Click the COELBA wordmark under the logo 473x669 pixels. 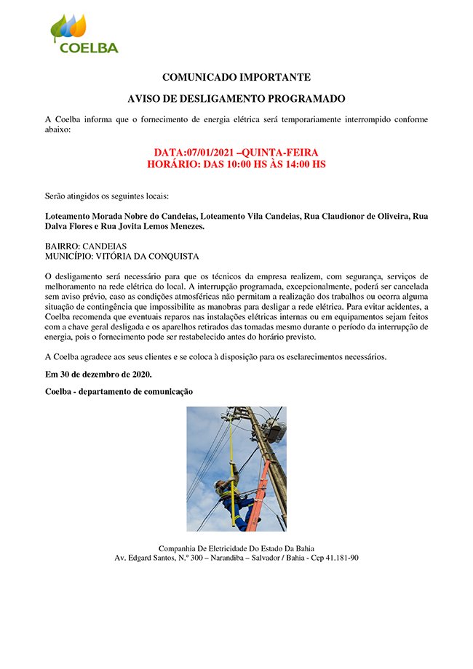pos(88,48)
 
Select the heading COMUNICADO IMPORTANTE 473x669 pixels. pos(236,76)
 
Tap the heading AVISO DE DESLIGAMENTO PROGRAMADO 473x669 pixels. pos(236,98)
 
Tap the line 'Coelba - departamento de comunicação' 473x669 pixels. pos(119,391)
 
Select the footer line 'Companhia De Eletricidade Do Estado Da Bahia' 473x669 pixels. pos(236,548)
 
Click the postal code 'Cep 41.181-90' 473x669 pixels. pos(333,558)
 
